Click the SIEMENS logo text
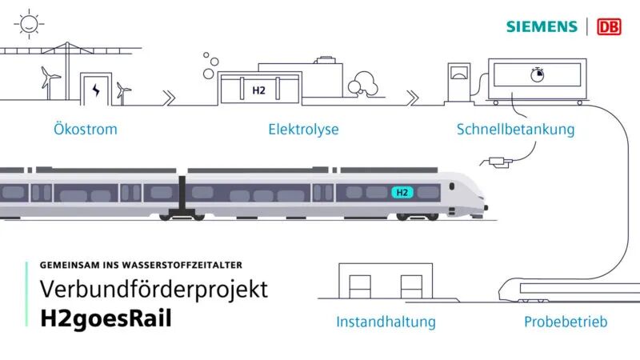coord(541,26)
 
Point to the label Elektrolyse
coord(303,129)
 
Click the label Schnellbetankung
coord(515,129)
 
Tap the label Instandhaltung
coord(386,322)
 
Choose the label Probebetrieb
coord(565,322)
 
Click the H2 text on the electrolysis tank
coord(258,90)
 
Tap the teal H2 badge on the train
coord(402,192)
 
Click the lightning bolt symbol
coord(97,89)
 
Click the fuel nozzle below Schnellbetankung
coord(497,163)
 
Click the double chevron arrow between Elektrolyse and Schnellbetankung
coord(411,97)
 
